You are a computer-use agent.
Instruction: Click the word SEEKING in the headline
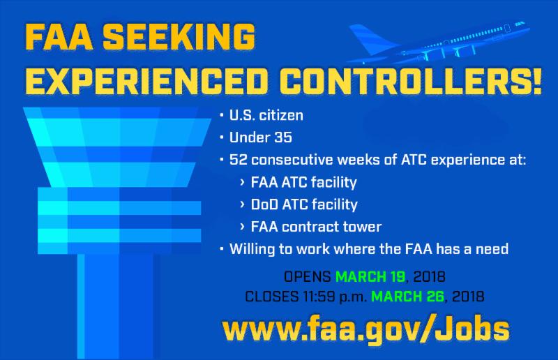179,37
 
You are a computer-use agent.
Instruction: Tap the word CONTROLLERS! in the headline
410,81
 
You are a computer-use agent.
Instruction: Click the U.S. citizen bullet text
266,115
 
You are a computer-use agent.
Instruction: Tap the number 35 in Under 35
283,137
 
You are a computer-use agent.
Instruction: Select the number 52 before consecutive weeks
238,160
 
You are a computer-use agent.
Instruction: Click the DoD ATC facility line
304,204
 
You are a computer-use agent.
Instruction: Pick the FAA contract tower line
317,227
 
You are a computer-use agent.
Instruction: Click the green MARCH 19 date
370,277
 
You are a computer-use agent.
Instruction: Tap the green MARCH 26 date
407,297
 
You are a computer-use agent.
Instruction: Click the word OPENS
308,277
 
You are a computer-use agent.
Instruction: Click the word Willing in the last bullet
252,249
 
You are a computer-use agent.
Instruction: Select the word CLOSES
272,297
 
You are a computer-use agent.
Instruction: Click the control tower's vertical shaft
116,306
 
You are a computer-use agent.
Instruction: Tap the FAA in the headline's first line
59,37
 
